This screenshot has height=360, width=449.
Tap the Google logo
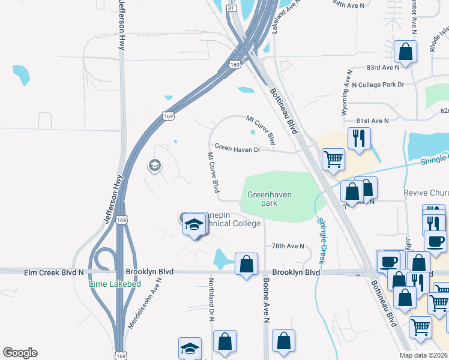pos(20,353)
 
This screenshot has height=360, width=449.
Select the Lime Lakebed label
pos(115,284)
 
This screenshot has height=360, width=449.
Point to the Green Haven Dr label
pos(238,148)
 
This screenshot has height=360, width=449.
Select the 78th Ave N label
pos(288,246)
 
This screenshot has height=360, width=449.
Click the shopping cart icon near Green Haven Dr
pos(333,159)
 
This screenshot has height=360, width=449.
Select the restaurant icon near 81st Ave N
pos(359,138)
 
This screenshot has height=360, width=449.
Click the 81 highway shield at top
pos(232,8)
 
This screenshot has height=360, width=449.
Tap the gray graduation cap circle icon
pos(155,165)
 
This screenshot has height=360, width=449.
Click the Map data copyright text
pos(424,355)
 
